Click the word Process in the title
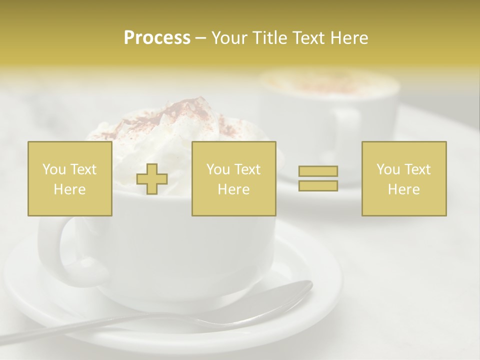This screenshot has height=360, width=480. click(157, 38)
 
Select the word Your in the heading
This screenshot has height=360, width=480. click(230, 38)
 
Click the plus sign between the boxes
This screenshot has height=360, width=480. click(152, 179)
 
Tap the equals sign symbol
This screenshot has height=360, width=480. click(318, 178)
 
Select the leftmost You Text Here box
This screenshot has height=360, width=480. click(70, 179)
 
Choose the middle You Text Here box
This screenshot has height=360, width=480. click(234, 179)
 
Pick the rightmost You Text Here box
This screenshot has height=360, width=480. click(404, 179)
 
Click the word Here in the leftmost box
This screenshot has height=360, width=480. click(69, 189)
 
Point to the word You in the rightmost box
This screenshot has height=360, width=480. click(387, 169)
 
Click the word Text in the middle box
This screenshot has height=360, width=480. click(247, 169)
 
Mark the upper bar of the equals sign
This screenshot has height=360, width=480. click(318, 171)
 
